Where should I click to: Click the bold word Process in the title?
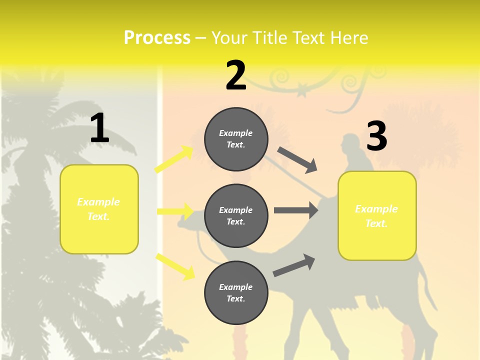pyautogui.click(x=157, y=37)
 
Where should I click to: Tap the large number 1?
pyautogui.click(x=99, y=128)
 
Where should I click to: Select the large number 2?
pyautogui.click(x=236, y=75)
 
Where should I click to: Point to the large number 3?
pyautogui.click(x=376, y=136)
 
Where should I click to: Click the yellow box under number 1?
pyautogui.click(x=99, y=209)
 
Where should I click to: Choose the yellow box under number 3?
pyautogui.click(x=377, y=215)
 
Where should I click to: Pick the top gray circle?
pyautogui.click(x=236, y=139)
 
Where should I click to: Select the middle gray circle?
pyautogui.click(x=236, y=215)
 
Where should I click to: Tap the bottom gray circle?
pyautogui.click(x=236, y=292)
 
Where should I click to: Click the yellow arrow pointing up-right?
pyautogui.click(x=173, y=159)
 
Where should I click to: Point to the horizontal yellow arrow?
pyautogui.click(x=174, y=211)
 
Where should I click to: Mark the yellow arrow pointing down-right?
pyautogui.click(x=175, y=265)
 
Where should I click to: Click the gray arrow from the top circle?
pyautogui.click(x=297, y=160)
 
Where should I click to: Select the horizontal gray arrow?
pyautogui.click(x=295, y=210)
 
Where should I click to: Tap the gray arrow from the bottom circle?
pyautogui.click(x=294, y=265)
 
